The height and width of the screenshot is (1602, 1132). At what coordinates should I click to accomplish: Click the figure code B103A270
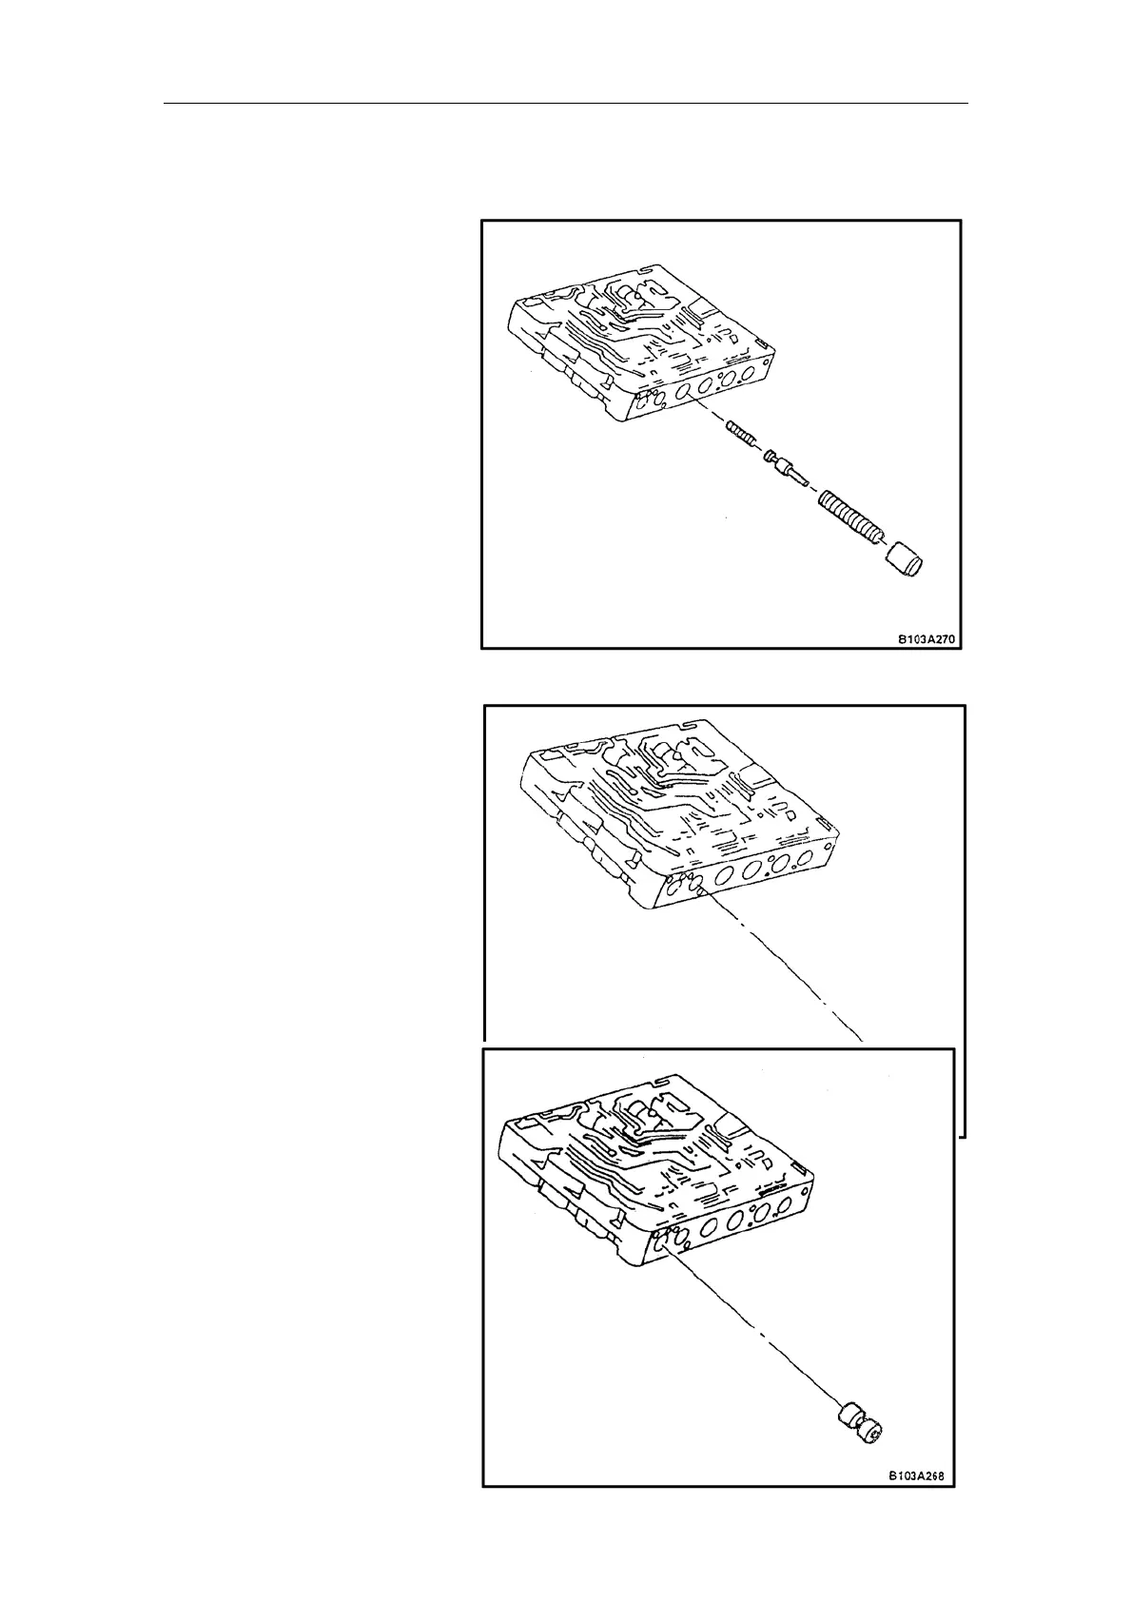pyautogui.click(x=928, y=640)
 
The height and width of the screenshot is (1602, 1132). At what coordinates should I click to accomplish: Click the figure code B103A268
pyautogui.click(x=919, y=1504)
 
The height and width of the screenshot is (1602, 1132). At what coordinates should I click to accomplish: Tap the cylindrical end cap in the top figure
pyautogui.click(x=907, y=560)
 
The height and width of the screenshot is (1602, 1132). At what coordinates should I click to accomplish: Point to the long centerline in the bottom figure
pyautogui.click(x=751, y=1332)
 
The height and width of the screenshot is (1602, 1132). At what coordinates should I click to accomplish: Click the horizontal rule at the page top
pyautogui.click(x=566, y=103)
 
